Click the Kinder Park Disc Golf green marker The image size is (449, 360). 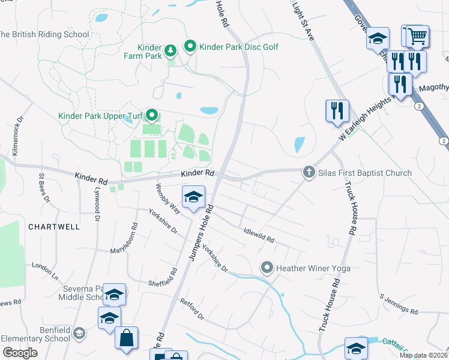[190, 46]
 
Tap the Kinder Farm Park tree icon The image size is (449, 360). [170, 49]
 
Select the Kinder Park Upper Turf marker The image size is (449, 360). [152, 114]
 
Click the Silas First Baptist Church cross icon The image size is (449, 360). [309, 173]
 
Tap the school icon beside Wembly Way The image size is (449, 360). [193, 197]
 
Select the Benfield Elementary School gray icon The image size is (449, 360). [79, 333]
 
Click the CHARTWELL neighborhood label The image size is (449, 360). [53, 227]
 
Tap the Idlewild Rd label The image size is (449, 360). [259, 235]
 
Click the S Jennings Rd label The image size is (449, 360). [398, 304]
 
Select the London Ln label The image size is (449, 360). [45, 271]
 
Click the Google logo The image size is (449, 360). [19, 353]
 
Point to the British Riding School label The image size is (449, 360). [43, 34]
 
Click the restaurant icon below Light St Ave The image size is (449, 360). [337, 110]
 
